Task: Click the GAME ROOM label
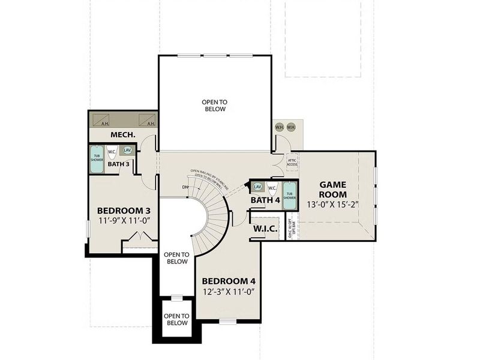point(332,190)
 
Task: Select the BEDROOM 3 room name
point(124,211)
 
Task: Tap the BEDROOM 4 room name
point(228,281)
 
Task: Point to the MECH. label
point(121,135)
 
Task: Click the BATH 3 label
point(119,163)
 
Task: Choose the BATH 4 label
point(265,200)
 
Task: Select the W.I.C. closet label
point(265,229)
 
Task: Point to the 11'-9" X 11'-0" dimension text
point(124,220)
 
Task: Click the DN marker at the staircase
point(185,186)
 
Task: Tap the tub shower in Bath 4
point(290,195)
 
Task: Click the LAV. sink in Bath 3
point(127,151)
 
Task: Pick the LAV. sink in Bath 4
point(258,187)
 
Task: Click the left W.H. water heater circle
point(279,127)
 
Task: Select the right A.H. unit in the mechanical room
point(148,119)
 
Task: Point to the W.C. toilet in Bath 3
point(112,152)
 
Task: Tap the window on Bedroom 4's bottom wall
point(228,321)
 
